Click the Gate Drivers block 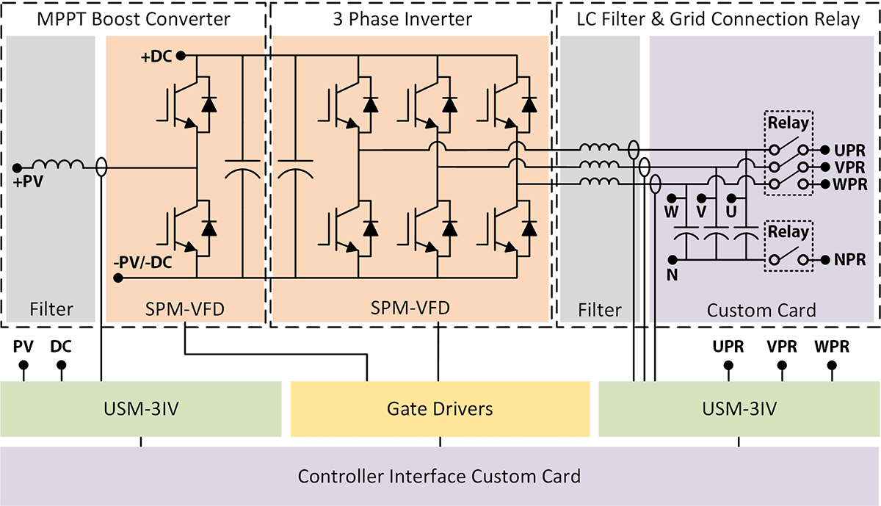[440, 408]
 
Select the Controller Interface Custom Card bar [439, 476]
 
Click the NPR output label [849, 259]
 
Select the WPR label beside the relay [849, 184]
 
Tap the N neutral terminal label [672, 275]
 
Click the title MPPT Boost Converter [134, 18]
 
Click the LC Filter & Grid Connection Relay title [718, 18]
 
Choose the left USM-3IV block [141, 408]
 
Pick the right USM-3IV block [739, 408]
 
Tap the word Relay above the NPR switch [788, 232]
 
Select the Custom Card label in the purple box [761, 310]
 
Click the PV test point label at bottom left [23, 347]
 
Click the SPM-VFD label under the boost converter [185, 310]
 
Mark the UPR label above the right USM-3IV [728, 347]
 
